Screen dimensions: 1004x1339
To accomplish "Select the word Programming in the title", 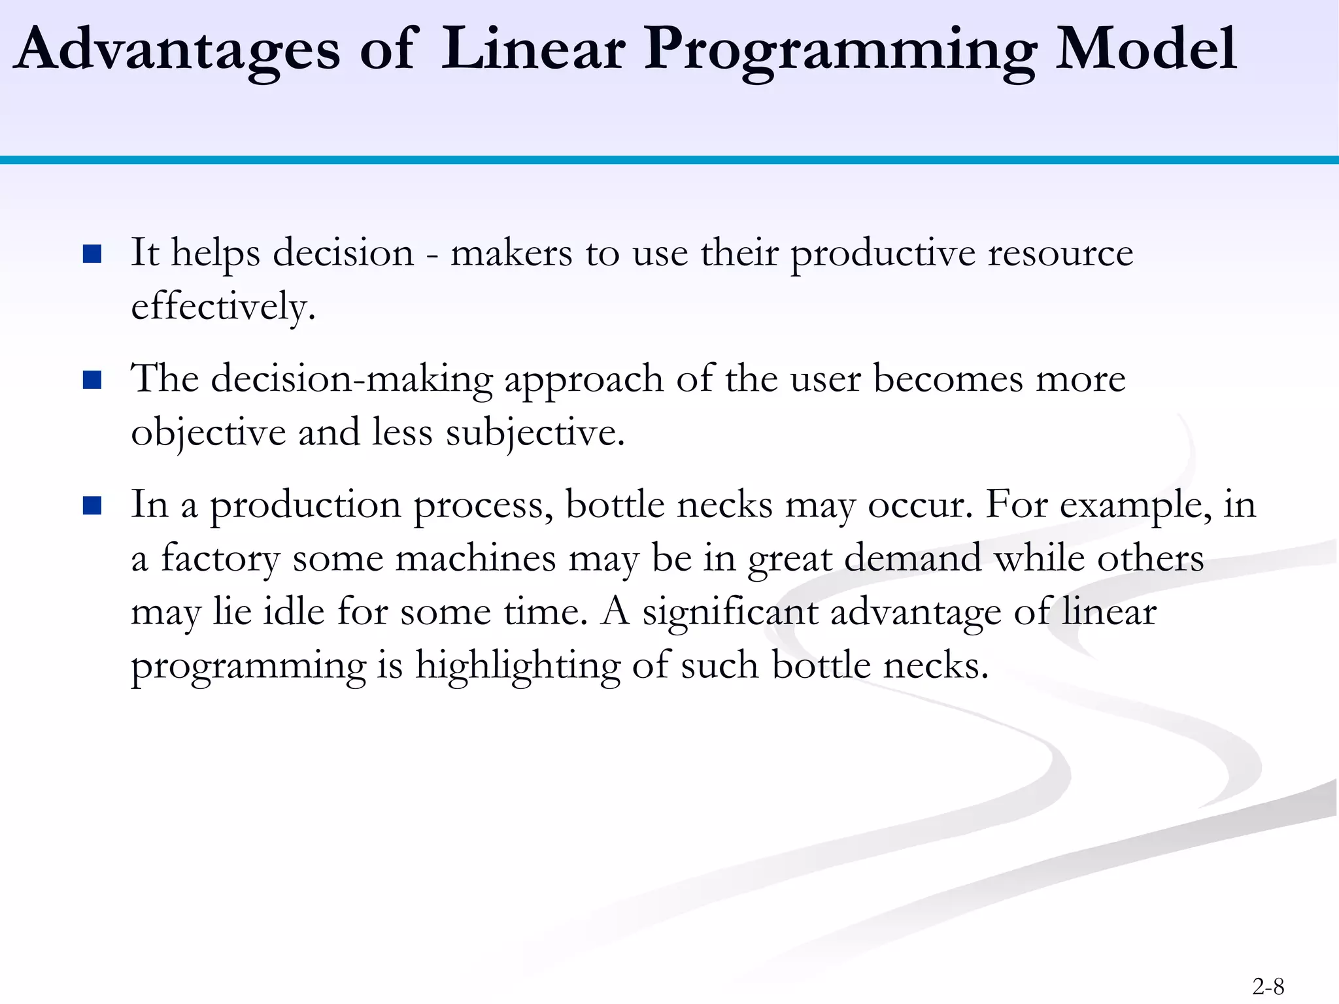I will [840, 52].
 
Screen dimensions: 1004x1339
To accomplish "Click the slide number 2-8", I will [1268, 986].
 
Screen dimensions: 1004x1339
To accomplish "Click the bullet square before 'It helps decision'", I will [92, 254].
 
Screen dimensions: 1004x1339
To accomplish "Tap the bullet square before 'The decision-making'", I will [92, 380].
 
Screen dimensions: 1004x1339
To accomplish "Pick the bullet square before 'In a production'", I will [92, 506].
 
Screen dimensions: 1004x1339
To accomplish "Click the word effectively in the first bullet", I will [222, 307].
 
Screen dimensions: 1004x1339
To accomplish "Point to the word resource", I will [1060, 254].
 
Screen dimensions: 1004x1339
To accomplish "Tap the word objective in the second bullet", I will [208, 433].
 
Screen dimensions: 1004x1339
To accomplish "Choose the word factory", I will [220, 560].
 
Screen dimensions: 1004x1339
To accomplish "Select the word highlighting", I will [517, 667].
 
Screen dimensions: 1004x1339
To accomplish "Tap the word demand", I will [913, 559].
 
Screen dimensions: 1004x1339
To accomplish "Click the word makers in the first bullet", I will [511, 254].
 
